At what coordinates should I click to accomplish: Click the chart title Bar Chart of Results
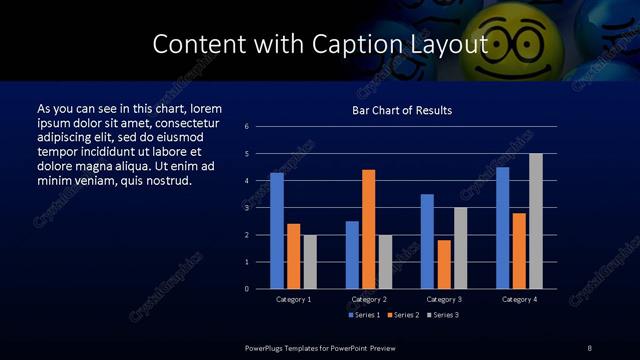(402, 110)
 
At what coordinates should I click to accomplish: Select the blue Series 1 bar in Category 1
(277, 230)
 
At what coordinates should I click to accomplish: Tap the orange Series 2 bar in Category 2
(368, 229)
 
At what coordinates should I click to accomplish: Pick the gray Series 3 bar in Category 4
(535, 221)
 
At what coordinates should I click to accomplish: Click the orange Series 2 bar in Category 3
(444, 264)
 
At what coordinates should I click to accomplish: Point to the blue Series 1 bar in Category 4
(502, 227)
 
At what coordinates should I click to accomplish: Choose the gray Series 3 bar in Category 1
(310, 261)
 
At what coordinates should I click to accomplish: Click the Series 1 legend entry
(364, 315)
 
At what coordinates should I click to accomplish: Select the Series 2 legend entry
(401, 315)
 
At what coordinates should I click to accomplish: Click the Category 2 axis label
(369, 299)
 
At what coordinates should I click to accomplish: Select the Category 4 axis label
(519, 299)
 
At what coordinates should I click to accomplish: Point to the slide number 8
(590, 347)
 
